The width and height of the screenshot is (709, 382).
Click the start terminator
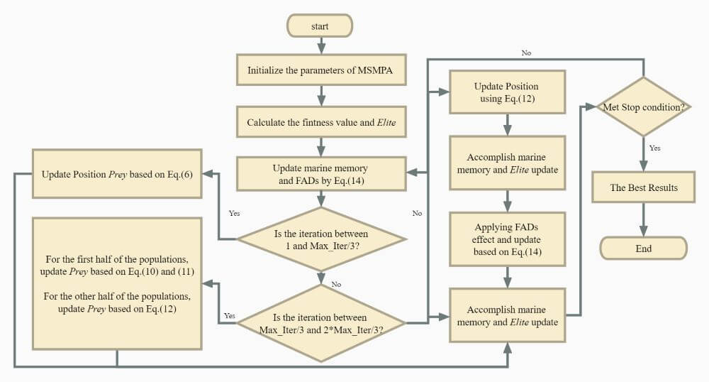pyautogui.click(x=320, y=26)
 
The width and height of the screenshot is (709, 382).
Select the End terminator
pyautogui.click(x=643, y=249)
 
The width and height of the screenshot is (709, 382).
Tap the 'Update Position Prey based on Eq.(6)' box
pyautogui.click(x=118, y=174)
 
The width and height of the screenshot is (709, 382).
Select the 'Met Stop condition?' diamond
pyautogui.click(x=643, y=107)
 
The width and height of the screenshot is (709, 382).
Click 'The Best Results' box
pyautogui.click(x=643, y=188)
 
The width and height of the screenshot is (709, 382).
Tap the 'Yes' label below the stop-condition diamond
pyautogui.click(x=655, y=148)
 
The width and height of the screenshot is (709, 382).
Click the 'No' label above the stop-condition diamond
pyautogui.click(x=526, y=53)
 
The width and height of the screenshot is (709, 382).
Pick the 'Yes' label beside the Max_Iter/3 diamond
pyautogui.click(x=234, y=212)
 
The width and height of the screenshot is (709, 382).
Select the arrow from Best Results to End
pyautogui.click(x=643, y=219)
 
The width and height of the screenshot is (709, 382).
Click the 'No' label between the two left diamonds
pyautogui.click(x=336, y=284)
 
